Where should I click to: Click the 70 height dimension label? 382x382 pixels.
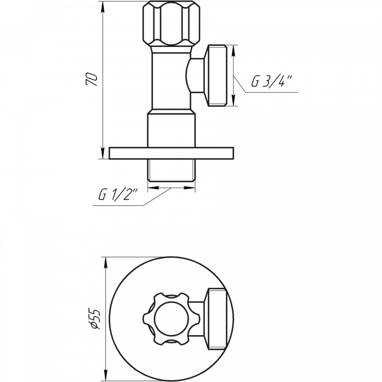(92, 79)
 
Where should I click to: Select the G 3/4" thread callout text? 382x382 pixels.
(271, 81)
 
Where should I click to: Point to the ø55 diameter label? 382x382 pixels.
(95, 319)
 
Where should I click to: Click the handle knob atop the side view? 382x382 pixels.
(171, 23)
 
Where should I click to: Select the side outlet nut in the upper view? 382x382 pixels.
(217, 75)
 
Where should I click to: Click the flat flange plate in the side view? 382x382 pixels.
(171, 153)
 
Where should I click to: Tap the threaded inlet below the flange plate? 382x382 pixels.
(171, 170)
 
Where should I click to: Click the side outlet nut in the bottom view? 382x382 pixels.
(217, 319)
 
